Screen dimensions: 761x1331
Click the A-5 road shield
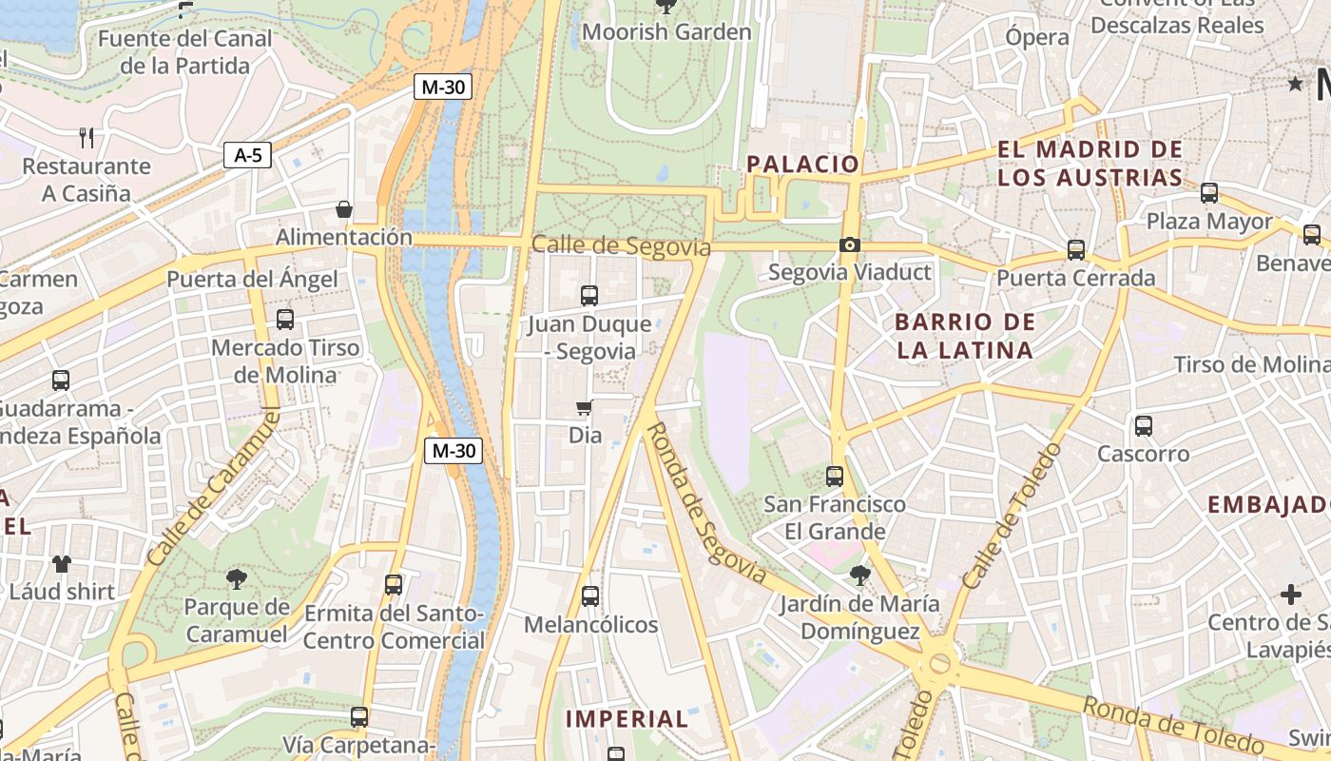click(x=247, y=155)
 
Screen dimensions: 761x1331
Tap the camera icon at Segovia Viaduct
click(x=850, y=245)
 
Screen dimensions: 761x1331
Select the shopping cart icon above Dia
click(x=585, y=408)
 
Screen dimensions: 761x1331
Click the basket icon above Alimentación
click(x=344, y=209)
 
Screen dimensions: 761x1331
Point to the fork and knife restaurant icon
click(x=87, y=138)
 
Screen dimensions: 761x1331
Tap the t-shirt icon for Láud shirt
click(x=62, y=563)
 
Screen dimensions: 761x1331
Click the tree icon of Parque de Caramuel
click(x=237, y=577)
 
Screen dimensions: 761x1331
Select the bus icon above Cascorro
click(x=1143, y=426)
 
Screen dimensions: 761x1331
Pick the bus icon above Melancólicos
click(x=589, y=596)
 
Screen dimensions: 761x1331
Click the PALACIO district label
click(x=802, y=164)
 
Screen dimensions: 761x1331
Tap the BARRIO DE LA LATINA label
click(x=965, y=336)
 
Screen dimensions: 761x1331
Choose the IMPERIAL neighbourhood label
click(x=627, y=719)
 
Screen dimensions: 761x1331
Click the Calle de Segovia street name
click(x=621, y=246)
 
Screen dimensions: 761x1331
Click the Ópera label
click(x=1037, y=37)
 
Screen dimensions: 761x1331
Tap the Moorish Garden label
click(x=666, y=32)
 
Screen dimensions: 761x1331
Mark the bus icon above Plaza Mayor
click(x=1209, y=193)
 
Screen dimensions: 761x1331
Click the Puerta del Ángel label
click(x=252, y=280)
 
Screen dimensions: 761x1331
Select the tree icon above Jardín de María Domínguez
click(x=859, y=575)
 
